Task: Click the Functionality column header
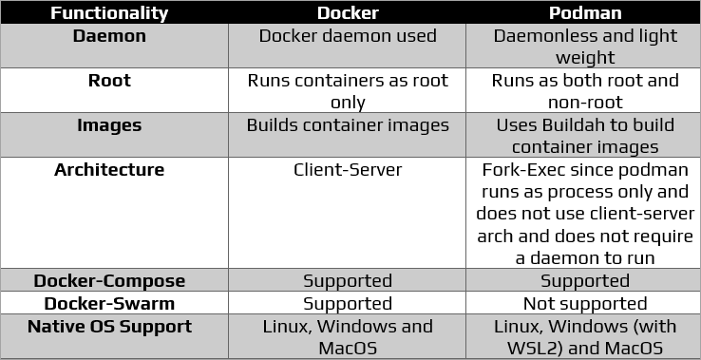(109, 13)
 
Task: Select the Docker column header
(347, 13)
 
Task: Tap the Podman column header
(584, 13)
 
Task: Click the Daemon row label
(110, 36)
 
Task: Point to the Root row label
(109, 81)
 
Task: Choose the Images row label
(109, 125)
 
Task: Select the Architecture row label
(109, 170)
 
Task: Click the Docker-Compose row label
(109, 281)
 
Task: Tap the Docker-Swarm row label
(109, 304)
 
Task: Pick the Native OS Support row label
(109, 327)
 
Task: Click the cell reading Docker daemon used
(347, 36)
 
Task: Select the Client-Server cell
(347, 170)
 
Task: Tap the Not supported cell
(584, 304)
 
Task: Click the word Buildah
(582, 125)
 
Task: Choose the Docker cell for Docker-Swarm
(347, 304)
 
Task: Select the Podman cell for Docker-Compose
(584, 281)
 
